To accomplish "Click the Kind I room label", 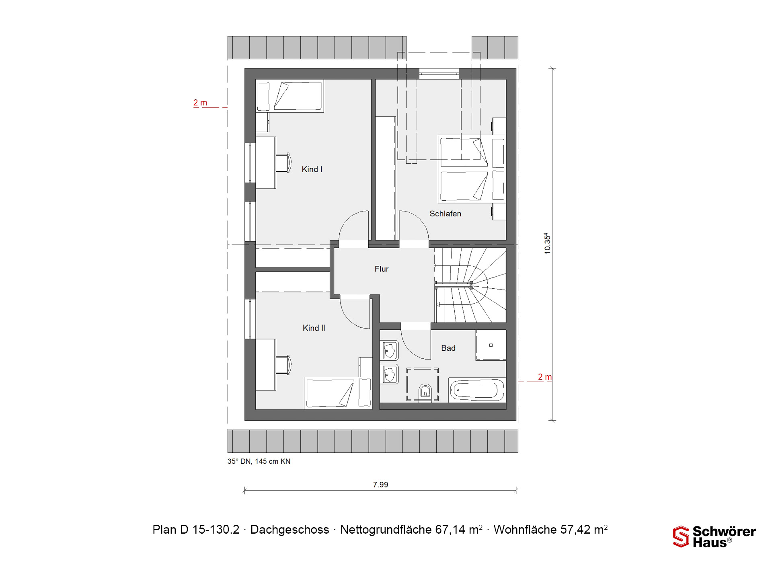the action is tap(312, 169).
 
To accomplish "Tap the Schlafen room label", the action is tap(445, 214).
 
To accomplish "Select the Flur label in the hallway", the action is tap(382, 269).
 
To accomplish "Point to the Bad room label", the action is tap(448, 348).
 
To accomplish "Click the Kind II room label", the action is tap(314, 328).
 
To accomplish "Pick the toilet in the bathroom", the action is tap(425, 391).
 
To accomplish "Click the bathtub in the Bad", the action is tap(477, 390).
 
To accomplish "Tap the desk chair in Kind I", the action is tap(283, 162).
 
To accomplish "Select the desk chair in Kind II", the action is tap(283, 365).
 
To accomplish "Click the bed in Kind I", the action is tap(290, 96).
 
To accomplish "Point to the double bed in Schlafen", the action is tap(472, 169).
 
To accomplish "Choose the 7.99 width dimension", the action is tap(380, 485).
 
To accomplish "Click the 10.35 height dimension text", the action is tap(547, 243).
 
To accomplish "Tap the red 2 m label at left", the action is tap(200, 103).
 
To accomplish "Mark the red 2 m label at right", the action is tap(545, 377).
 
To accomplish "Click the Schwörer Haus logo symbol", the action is tap(681, 536).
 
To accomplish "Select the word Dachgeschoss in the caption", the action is tap(289, 530).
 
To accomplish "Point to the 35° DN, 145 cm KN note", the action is tap(259, 461).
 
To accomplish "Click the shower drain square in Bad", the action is tap(491, 345).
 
